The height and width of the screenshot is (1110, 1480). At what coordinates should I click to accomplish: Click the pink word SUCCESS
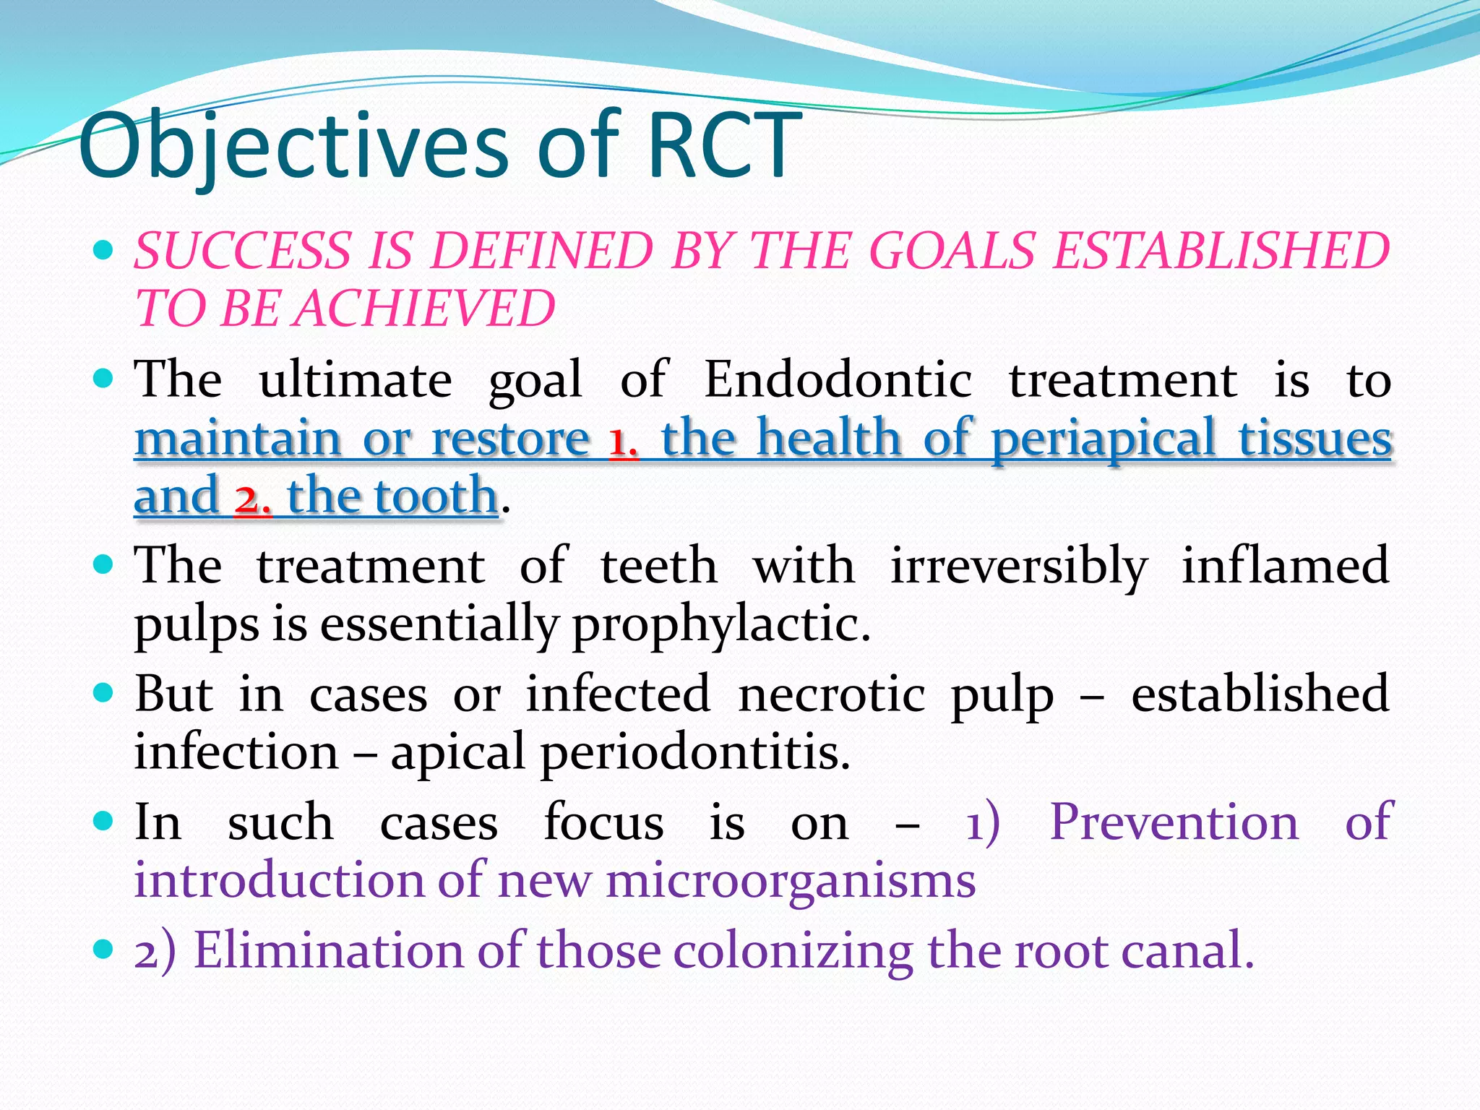[x=241, y=251]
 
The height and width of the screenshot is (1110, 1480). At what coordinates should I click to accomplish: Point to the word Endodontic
[x=838, y=380]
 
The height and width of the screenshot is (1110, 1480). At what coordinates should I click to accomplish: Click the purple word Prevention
[x=1174, y=822]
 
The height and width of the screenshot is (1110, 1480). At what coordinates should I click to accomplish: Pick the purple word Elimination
[x=328, y=950]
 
